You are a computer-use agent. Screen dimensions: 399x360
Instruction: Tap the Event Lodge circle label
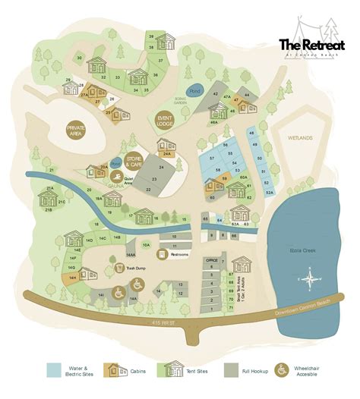click(164, 123)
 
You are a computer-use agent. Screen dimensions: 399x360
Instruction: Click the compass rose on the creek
click(311, 283)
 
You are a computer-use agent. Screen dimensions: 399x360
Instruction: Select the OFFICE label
click(213, 259)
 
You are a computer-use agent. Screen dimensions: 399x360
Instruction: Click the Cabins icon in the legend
click(114, 369)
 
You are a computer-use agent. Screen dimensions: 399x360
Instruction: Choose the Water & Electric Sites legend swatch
click(54, 369)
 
